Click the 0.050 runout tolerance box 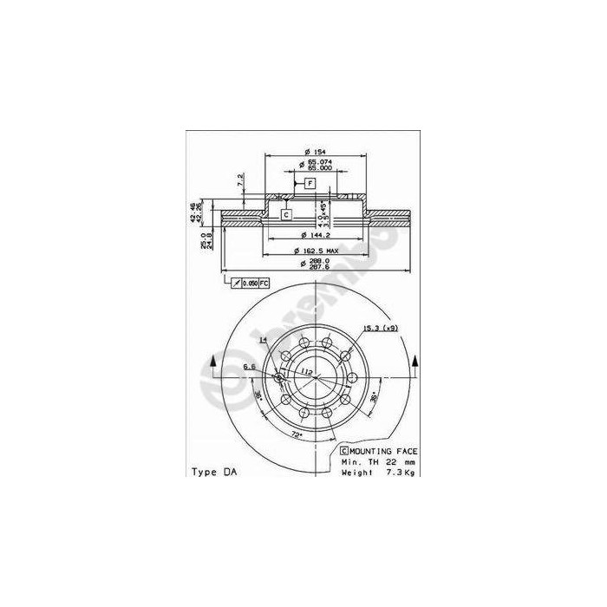click(x=248, y=284)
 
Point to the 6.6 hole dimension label click(x=248, y=367)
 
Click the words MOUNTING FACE click(x=384, y=452)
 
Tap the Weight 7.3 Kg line click(x=379, y=473)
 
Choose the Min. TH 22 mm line click(x=379, y=462)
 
